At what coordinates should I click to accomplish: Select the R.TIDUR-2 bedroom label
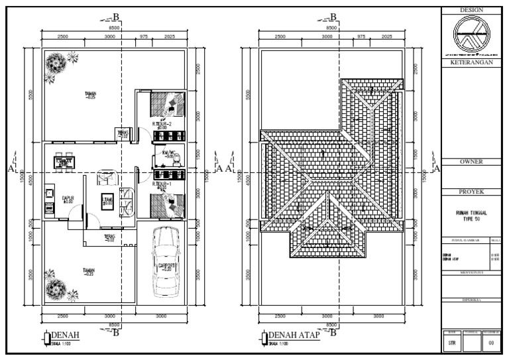pyautogui.click(x=162, y=124)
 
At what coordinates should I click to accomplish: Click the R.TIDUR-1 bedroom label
pyautogui.click(x=162, y=184)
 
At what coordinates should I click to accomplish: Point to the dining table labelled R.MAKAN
pyautogui.click(x=64, y=161)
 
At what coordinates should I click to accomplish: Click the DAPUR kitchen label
pyautogui.click(x=67, y=198)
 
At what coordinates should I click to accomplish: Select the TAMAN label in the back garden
pyautogui.click(x=90, y=95)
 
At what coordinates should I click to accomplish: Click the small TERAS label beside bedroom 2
pyautogui.click(x=123, y=133)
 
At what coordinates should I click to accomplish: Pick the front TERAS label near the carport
pyautogui.click(x=109, y=237)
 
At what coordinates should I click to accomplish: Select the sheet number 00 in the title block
pyautogui.click(x=491, y=343)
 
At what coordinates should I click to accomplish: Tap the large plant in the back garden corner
pyautogui.click(x=55, y=64)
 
